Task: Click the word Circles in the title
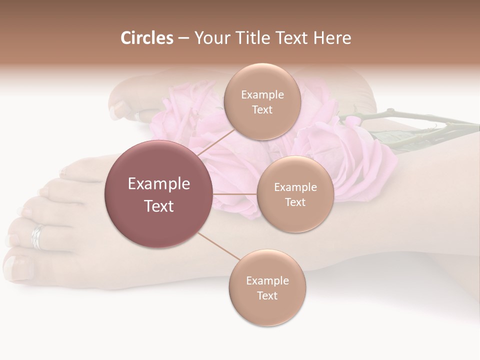pos(146,38)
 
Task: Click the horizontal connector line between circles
pos(235,194)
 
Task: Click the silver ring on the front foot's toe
pos(37,236)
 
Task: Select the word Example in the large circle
pos(159,184)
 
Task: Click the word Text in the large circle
pos(159,206)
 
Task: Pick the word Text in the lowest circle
pos(267,295)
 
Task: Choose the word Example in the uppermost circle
pos(262,95)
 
